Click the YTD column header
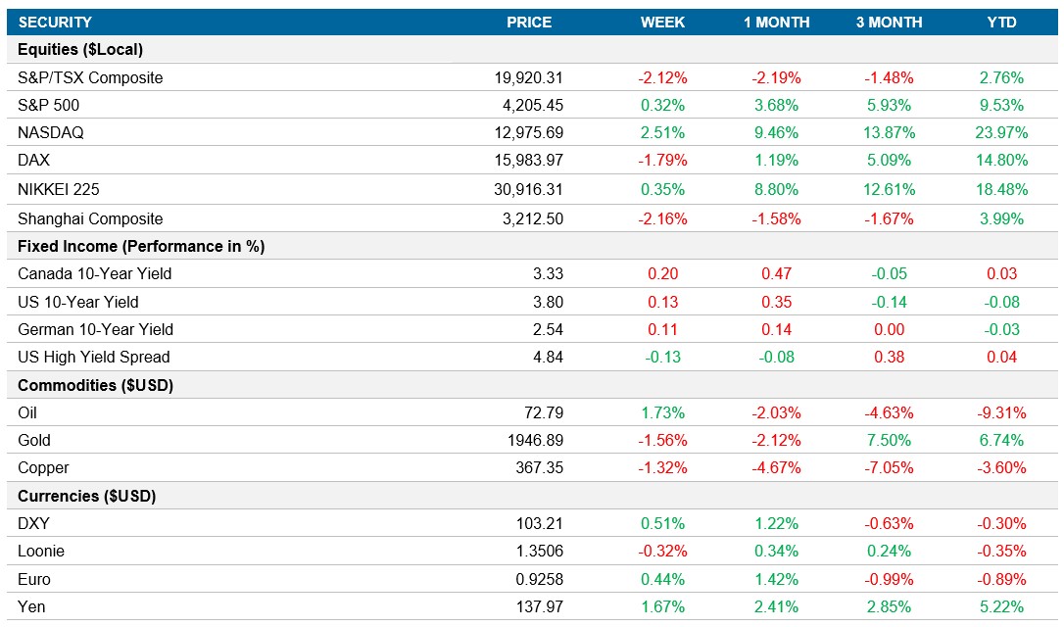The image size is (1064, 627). (x=1001, y=23)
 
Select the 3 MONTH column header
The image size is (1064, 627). (x=889, y=23)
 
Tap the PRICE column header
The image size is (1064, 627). (x=529, y=23)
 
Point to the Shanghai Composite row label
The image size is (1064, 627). (x=90, y=218)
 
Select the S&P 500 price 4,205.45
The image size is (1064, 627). (x=529, y=105)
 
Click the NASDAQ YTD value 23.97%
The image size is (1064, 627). (x=1001, y=132)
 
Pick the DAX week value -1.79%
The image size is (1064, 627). (x=662, y=160)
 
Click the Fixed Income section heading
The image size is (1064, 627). (x=141, y=246)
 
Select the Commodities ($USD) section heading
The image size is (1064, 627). (x=95, y=385)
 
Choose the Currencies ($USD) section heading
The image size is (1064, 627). (x=87, y=496)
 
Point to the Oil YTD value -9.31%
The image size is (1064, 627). (x=1001, y=412)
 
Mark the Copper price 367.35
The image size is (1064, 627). (x=539, y=467)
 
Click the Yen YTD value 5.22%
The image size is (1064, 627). (x=1001, y=606)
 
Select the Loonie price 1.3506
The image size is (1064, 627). (x=539, y=551)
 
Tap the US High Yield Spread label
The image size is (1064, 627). (x=93, y=357)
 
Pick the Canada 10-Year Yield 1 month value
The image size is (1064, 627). (x=776, y=273)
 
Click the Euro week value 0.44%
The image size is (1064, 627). (x=662, y=579)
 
